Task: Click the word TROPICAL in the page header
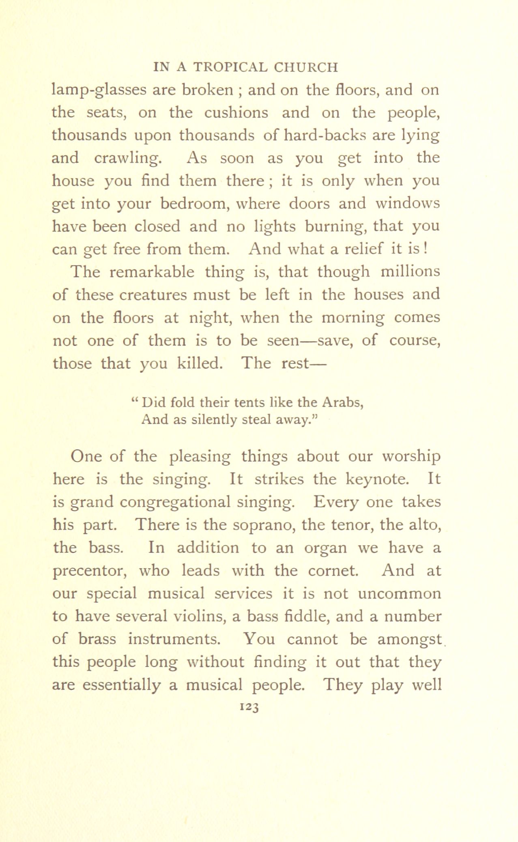(230, 67)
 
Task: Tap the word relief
(362, 248)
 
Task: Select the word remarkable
(151, 271)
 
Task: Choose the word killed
(200, 363)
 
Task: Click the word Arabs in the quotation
(342, 402)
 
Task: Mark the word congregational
(175, 502)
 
